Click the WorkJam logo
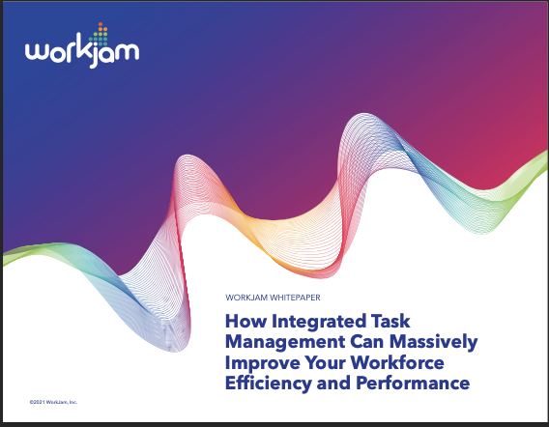pyautogui.click(x=82, y=45)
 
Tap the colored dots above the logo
pyautogui.click(x=99, y=35)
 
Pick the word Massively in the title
pyautogui.click(x=433, y=342)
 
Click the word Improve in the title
pyautogui.click(x=263, y=363)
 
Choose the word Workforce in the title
pyautogui.click(x=397, y=362)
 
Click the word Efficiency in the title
pyautogui.click(x=268, y=384)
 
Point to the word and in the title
pyautogui.click(x=333, y=383)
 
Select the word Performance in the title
pyautogui.click(x=413, y=383)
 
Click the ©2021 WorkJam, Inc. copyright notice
pyautogui.click(x=53, y=402)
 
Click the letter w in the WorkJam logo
pyautogui.click(x=36, y=52)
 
